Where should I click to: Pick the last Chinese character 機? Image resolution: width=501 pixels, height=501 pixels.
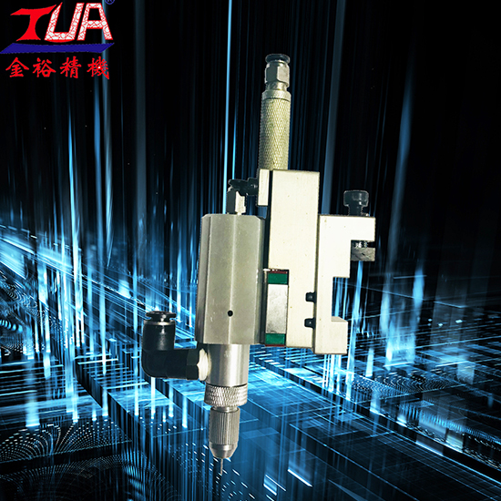97,67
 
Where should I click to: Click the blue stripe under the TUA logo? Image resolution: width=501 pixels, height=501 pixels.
56,48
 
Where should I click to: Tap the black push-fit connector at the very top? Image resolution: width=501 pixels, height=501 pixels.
277,60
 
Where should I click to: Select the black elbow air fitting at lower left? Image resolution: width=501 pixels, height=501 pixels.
166,347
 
